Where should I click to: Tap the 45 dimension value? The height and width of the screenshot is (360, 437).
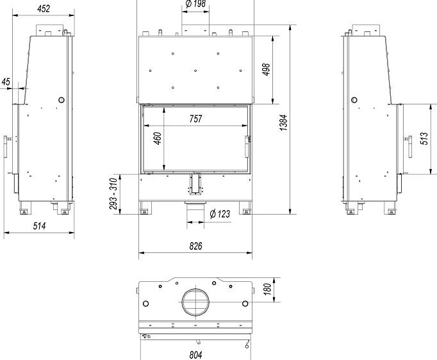click(x=6, y=81)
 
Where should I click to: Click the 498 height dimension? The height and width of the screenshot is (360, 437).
click(x=267, y=70)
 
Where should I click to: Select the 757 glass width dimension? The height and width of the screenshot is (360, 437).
click(x=195, y=119)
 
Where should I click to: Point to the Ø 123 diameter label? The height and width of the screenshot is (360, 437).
click(x=220, y=214)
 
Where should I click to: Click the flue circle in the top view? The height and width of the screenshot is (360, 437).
click(x=195, y=302)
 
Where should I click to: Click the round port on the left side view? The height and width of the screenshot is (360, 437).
click(x=62, y=100)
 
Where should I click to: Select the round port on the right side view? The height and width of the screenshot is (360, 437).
click(x=353, y=100)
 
